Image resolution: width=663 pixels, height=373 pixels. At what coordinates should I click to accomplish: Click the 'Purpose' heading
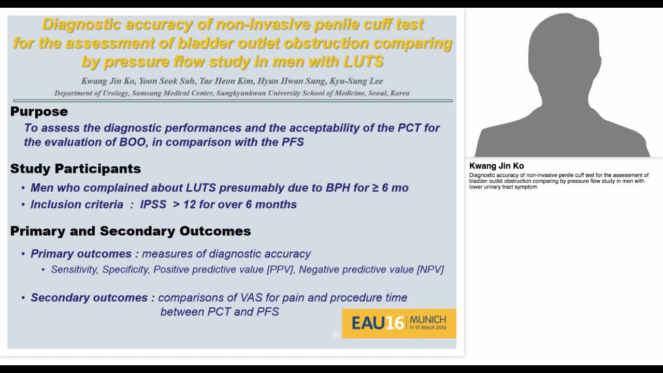click(39, 111)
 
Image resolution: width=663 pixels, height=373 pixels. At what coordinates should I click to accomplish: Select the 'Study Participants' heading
click(76, 169)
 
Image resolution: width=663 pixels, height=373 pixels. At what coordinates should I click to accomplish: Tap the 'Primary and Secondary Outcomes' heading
click(131, 231)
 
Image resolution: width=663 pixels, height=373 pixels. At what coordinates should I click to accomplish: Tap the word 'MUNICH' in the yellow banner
click(427, 320)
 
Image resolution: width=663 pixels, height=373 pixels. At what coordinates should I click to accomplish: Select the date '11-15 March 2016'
click(427, 328)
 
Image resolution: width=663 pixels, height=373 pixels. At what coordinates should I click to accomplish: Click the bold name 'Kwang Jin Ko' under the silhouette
click(496, 166)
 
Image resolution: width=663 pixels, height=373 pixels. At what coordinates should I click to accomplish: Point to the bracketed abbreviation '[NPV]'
click(430, 269)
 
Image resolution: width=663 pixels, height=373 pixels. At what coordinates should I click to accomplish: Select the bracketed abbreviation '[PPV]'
click(280, 269)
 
